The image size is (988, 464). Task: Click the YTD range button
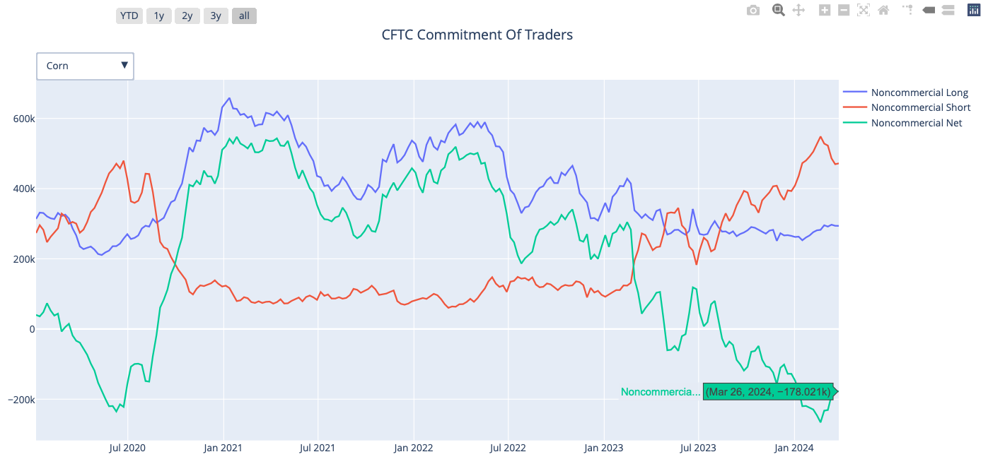pyautogui.click(x=129, y=16)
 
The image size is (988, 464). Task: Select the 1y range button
pyautogui.click(x=158, y=16)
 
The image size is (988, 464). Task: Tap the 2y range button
pyautogui.click(x=187, y=16)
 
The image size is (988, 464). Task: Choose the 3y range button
pyautogui.click(x=216, y=16)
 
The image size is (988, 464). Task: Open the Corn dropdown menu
pyautogui.click(x=85, y=66)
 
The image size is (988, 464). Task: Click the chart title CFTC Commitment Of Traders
pyautogui.click(x=477, y=35)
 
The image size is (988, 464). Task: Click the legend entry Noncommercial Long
pyautogui.click(x=919, y=93)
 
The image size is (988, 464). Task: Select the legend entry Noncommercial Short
pyautogui.click(x=921, y=107)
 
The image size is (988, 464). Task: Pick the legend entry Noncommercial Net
pyautogui.click(x=917, y=123)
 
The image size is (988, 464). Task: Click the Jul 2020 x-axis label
pyautogui.click(x=127, y=448)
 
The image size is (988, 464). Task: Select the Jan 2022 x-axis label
pyautogui.click(x=413, y=448)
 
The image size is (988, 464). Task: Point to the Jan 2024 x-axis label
pyautogui.click(x=794, y=448)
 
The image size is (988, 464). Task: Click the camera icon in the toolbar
pyautogui.click(x=753, y=10)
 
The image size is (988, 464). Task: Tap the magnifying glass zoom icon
pyautogui.click(x=778, y=10)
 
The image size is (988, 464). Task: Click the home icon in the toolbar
pyautogui.click(x=883, y=10)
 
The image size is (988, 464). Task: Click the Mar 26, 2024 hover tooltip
pyautogui.click(x=768, y=392)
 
